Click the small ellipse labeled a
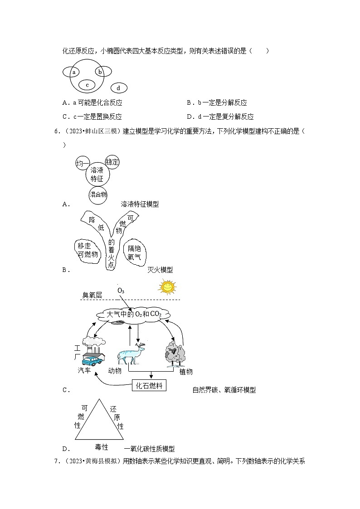coord(73,72)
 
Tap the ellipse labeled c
coord(87,84)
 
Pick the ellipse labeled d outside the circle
coord(118,88)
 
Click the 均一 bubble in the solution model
coord(83,164)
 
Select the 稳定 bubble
coord(112,162)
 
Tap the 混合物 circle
coord(97,194)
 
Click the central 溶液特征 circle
coord(97,174)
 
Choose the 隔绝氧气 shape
coord(135,252)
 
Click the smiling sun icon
coord(167,287)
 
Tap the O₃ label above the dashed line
coord(121,291)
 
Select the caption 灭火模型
coord(160,270)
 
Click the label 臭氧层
coord(92,295)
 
